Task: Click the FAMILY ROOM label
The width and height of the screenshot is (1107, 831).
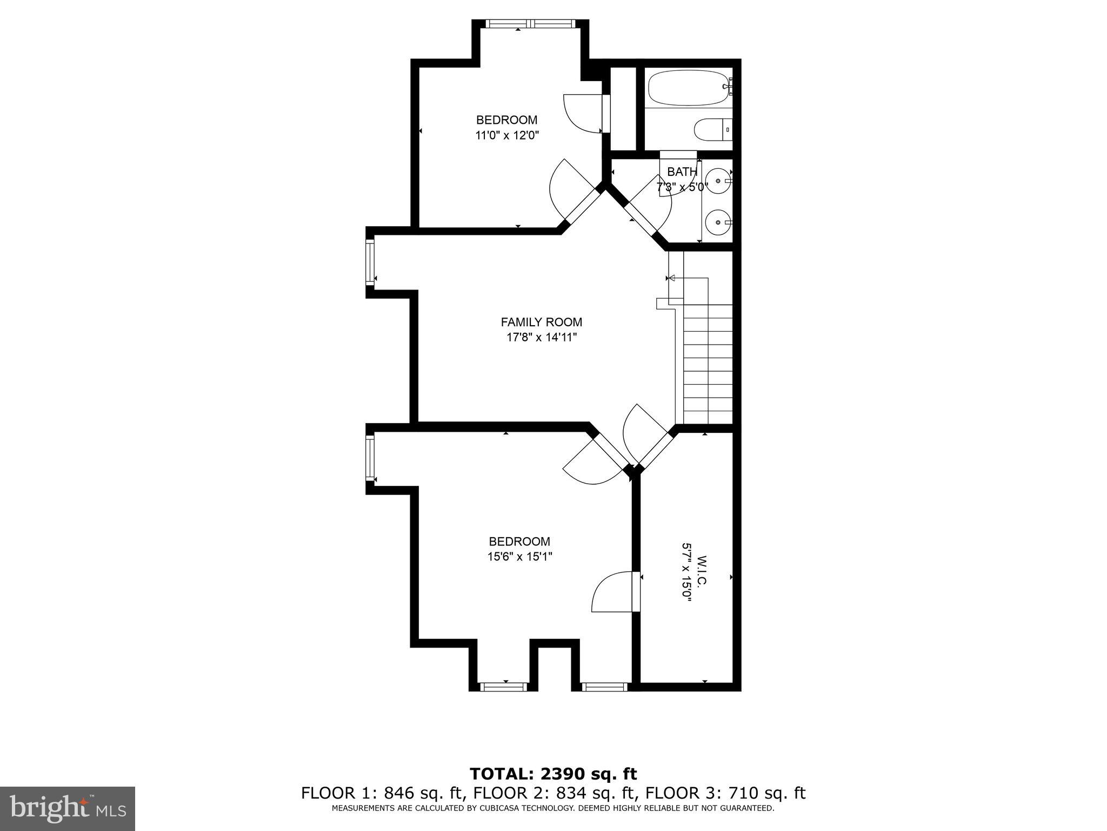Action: point(541,322)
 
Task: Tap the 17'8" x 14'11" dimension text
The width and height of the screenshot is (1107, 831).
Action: point(541,338)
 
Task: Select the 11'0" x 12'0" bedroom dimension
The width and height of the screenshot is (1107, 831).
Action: point(507,135)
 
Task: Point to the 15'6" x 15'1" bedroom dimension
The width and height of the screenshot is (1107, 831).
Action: point(519,556)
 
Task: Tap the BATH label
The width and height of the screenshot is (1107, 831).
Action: point(682,172)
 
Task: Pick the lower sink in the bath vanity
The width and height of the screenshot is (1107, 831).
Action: point(717,222)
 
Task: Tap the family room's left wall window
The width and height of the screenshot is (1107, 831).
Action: point(370,262)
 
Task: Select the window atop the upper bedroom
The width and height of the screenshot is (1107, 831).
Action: point(529,24)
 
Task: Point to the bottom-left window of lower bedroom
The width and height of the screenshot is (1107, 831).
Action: point(503,687)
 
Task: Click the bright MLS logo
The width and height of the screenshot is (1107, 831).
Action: point(68,808)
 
